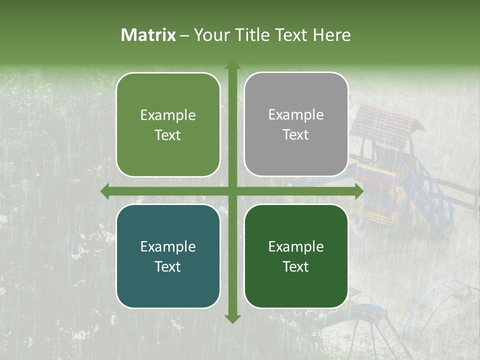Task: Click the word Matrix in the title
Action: (148, 35)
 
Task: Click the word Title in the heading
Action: (248, 35)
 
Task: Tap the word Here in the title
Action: (331, 35)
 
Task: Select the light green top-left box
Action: (168, 100)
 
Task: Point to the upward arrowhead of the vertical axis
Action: (232, 65)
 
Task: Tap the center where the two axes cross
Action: (232, 191)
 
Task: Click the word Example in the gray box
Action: (296, 115)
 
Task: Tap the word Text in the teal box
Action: (168, 266)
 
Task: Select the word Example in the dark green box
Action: (296, 246)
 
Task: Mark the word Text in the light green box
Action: (168, 135)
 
